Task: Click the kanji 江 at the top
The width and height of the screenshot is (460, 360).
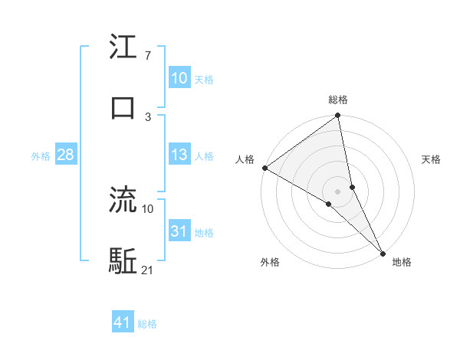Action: pyautogui.click(x=123, y=48)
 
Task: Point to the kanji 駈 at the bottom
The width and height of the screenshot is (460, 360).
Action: pyautogui.click(x=123, y=261)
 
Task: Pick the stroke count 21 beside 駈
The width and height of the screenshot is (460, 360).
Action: pyautogui.click(x=148, y=270)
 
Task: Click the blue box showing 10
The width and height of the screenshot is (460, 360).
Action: pyautogui.click(x=179, y=78)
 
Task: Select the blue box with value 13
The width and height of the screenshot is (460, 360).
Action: pyautogui.click(x=179, y=155)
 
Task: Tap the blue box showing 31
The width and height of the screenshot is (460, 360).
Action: pyautogui.click(x=179, y=232)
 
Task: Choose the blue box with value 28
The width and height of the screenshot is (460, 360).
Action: pyautogui.click(x=65, y=155)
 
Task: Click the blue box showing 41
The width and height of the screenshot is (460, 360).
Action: pyautogui.click(x=123, y=322)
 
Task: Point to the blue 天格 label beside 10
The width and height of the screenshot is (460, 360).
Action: pyautogui.click(x=204, y=79)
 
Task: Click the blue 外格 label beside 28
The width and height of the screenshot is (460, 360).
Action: pyautogui.click(x=41, y=156)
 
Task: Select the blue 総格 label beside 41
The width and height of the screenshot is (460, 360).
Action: pyautogui.click(x=148, y=323)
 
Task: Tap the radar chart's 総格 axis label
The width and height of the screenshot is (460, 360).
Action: pyautogui.click(x=338, y=100)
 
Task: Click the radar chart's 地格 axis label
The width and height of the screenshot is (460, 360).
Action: pyautogui.click(x=402, y=262)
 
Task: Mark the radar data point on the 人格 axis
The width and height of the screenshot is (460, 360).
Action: pyautogui.click(x=264, y=168)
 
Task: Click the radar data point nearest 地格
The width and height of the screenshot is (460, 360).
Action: pyautogui.click(x=383, y=252)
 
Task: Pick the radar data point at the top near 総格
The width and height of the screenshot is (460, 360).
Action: pyautogui.click(x=338, y=116)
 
